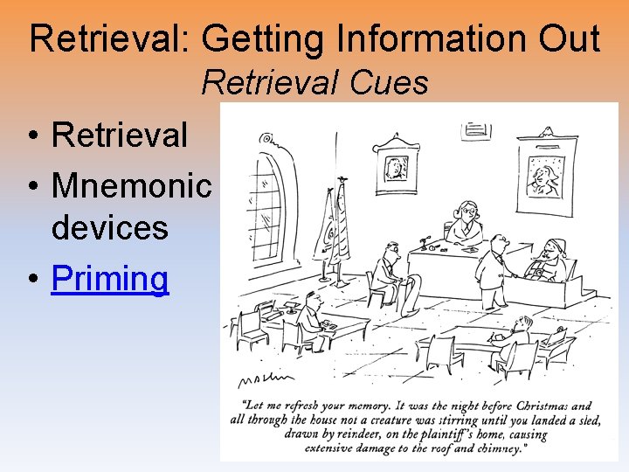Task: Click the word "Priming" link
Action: tap(110, 279)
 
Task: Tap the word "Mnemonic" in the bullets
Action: tap(132, 184)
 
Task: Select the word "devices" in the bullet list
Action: tap(109, 227)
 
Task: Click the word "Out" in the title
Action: tap(567, 39)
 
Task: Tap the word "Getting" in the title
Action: tap(256, 39)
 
